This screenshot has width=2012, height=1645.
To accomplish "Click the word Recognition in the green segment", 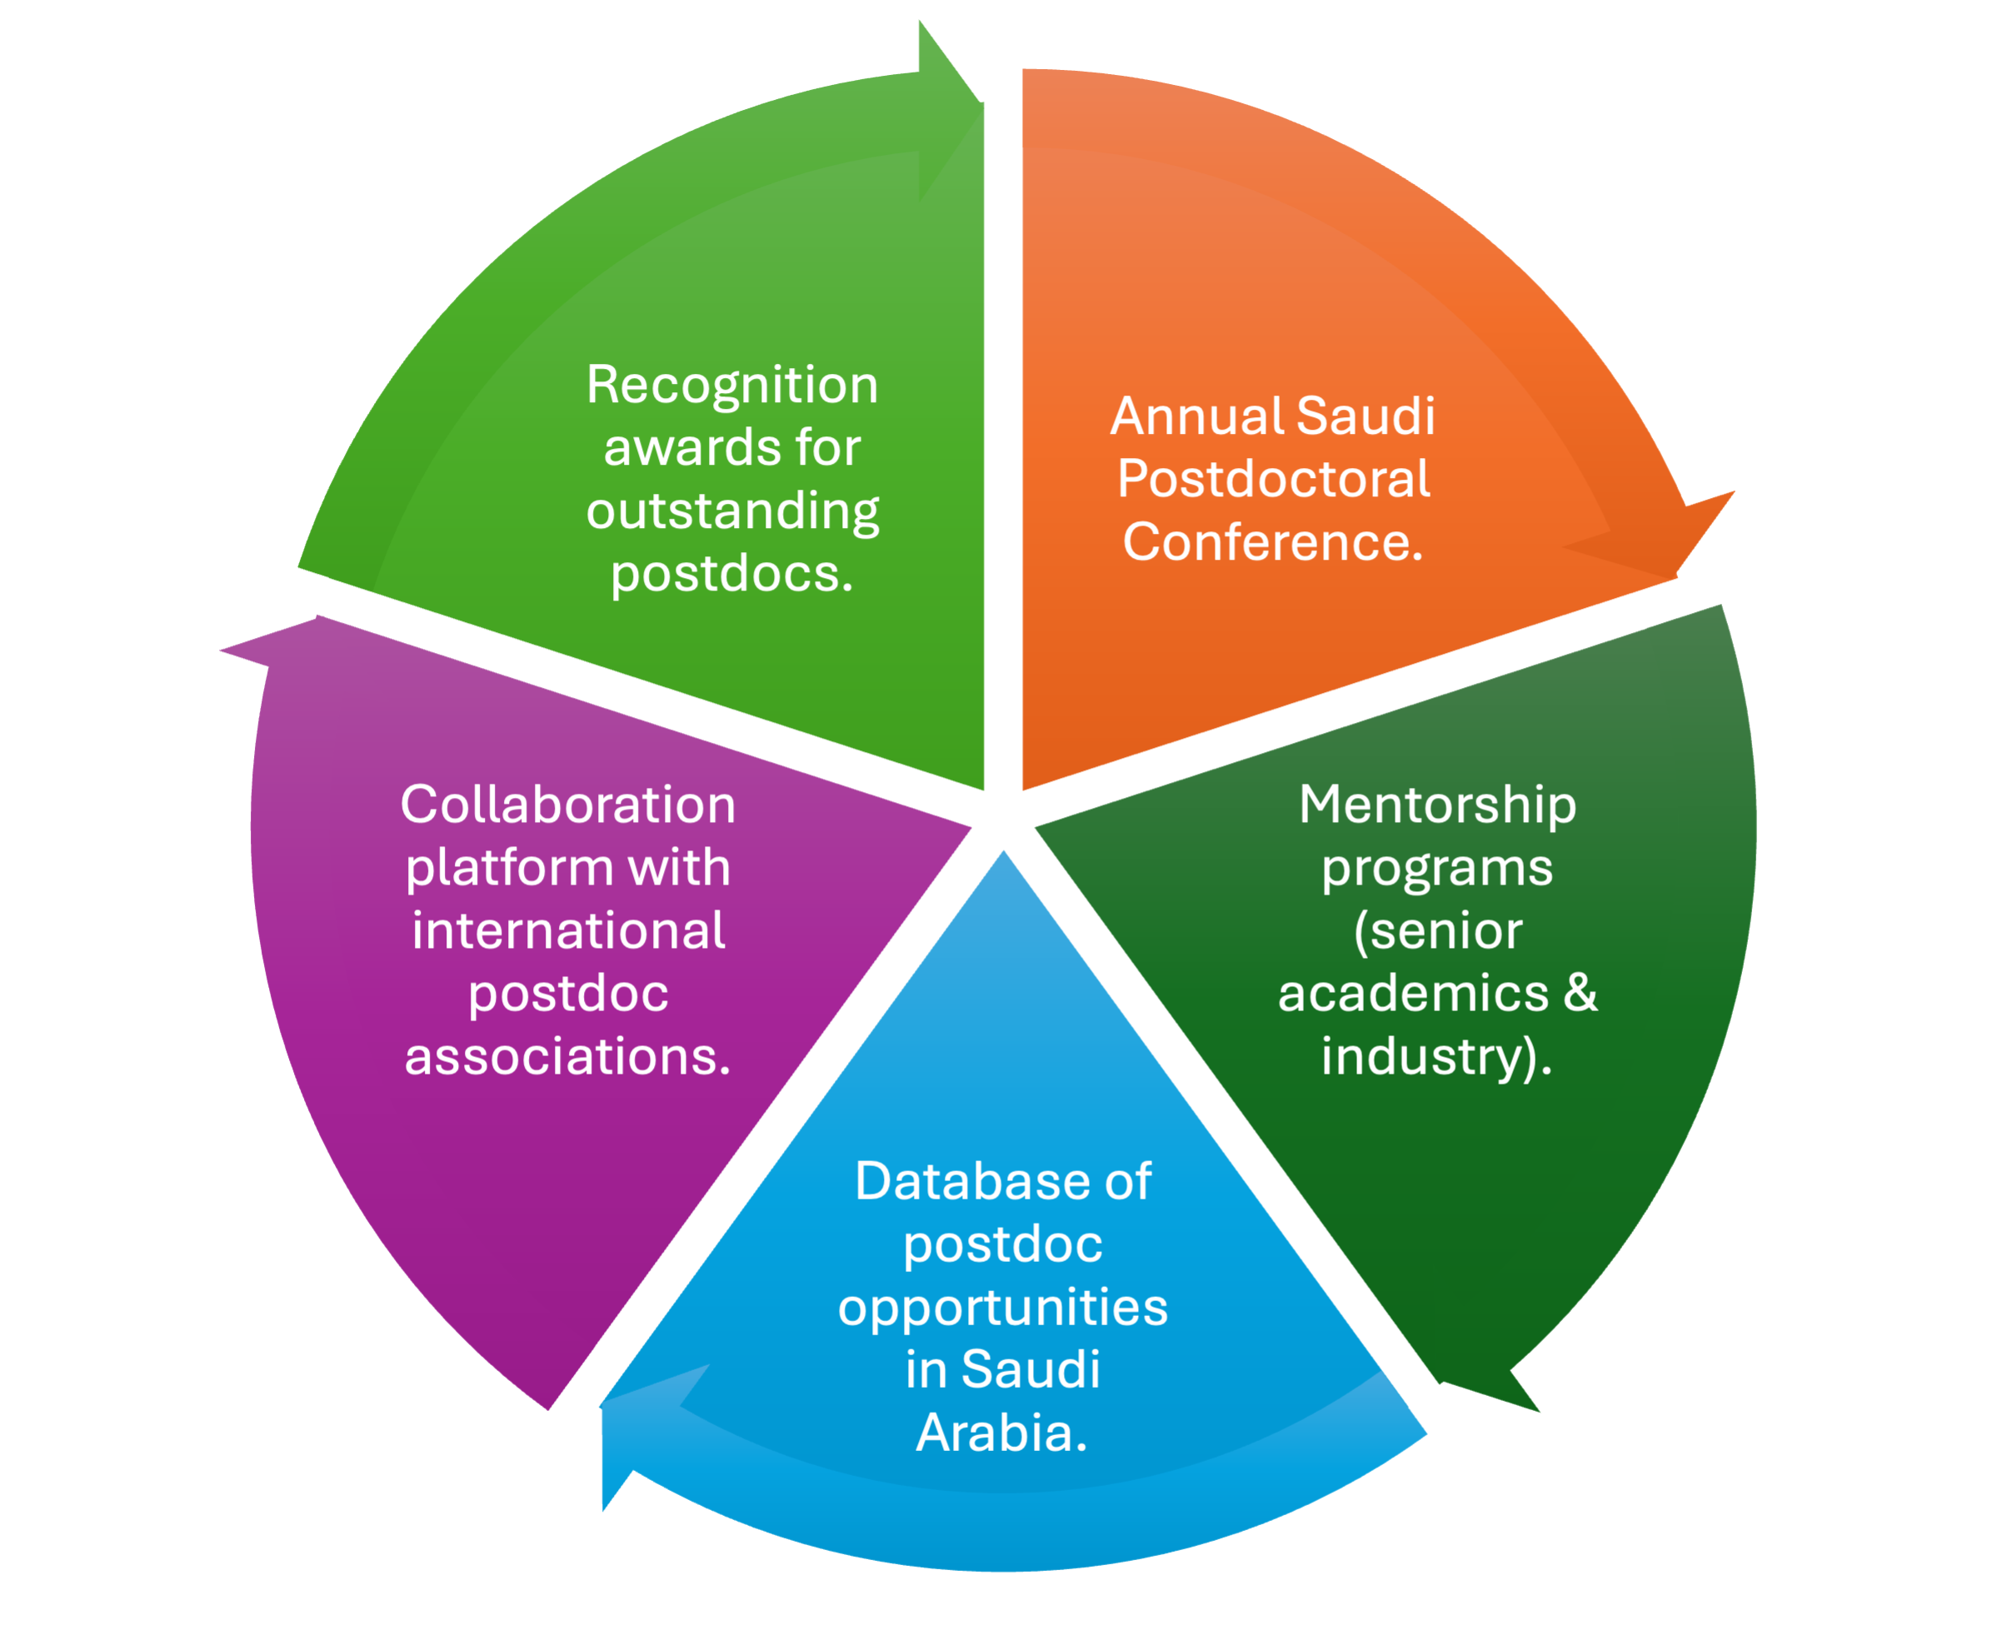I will click(731, 386).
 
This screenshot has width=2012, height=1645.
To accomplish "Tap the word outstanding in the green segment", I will click(731, 511).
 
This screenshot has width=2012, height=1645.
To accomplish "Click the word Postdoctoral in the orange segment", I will click(1273, 480).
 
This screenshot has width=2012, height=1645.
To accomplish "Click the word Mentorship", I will click(1437, 805).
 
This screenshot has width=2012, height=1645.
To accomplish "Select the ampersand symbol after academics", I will click(1580, 993).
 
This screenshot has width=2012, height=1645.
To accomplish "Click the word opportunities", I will click(1003, 1309).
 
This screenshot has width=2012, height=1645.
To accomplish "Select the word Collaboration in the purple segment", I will click(567, 805).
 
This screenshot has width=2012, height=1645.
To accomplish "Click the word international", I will click(567, 931).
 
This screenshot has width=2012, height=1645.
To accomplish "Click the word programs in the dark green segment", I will click(1437, 869).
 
